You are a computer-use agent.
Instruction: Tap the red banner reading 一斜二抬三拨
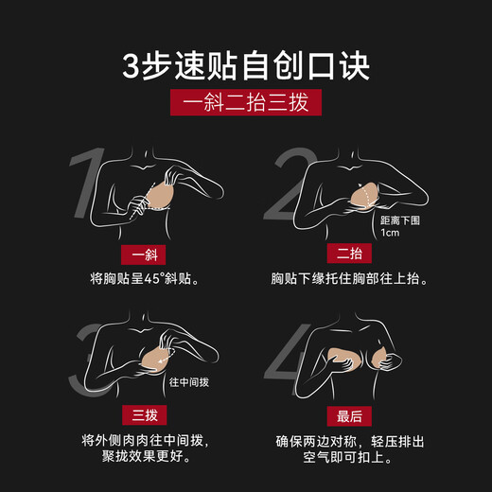[x=245, y=101]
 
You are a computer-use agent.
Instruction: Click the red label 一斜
[x=141, y=255]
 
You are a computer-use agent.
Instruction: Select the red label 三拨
[x=141, y=417]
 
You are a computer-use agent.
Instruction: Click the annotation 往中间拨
[x=188, y=383]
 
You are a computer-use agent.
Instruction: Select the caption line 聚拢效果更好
[x=141, y=459]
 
